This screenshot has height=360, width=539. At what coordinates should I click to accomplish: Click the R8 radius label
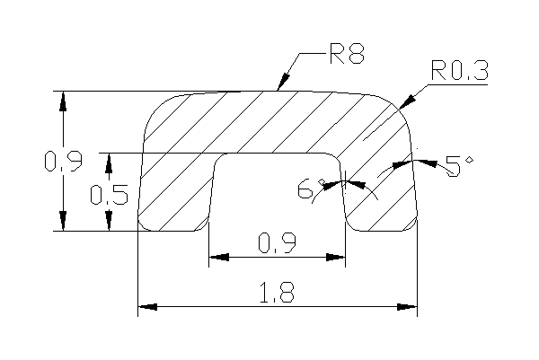click(347, 54)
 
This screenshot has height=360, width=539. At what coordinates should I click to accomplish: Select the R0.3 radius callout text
click(460, 70)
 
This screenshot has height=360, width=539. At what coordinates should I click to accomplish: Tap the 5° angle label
click(459, 166)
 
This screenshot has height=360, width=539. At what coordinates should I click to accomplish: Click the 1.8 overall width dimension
click(277, 293)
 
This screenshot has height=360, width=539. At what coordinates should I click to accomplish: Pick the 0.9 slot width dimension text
click(277, 243)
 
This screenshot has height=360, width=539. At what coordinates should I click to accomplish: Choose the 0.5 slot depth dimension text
click(109, 195)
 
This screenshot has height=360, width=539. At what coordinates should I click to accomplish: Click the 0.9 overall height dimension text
click(64, 161)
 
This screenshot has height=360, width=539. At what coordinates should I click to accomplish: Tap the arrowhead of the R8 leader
click(283, 82)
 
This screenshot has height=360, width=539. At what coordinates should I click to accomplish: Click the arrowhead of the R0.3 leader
click(408, 102)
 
